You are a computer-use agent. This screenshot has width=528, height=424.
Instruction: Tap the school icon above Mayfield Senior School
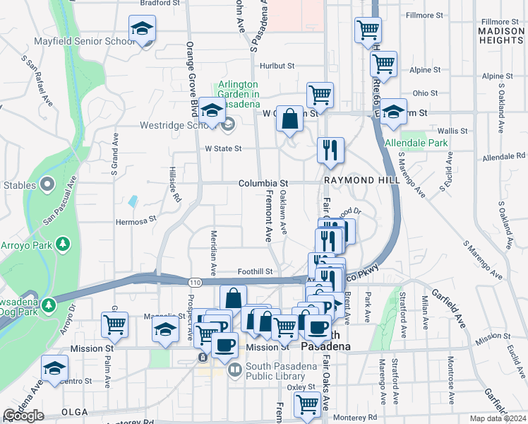pyautogui.click(x=142, y=30)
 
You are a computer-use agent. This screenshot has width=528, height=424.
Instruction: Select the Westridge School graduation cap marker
pyautogui.click(x=211, y=110)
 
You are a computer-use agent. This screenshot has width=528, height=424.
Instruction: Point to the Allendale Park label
pyautogui.click(x=416, y=143)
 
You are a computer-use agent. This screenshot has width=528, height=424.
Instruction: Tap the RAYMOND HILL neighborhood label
pyautogui.click(x=362, y=180)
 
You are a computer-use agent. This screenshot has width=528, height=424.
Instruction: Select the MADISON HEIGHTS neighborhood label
pyautogui.click(x=500, y=36)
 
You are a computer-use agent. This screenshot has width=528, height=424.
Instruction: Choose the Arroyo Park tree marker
pyautogui.click(x=63, y=244)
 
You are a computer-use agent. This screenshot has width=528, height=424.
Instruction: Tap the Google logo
pyautogui.click(x=23, y=416)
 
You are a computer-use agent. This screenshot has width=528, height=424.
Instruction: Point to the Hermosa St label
pyautogui.click(x=135, y=220)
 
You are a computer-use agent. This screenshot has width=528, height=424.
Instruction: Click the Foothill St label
pyautogui.click(x=254, y=271)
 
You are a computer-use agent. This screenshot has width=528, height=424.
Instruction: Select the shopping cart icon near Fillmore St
pyautogui.click(x=367, y=30)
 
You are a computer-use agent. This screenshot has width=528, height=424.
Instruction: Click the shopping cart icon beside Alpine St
pyautogui.click(x=384, y=64)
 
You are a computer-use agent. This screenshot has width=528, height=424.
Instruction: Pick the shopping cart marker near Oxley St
pyautogui.click(x=307, y=405)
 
